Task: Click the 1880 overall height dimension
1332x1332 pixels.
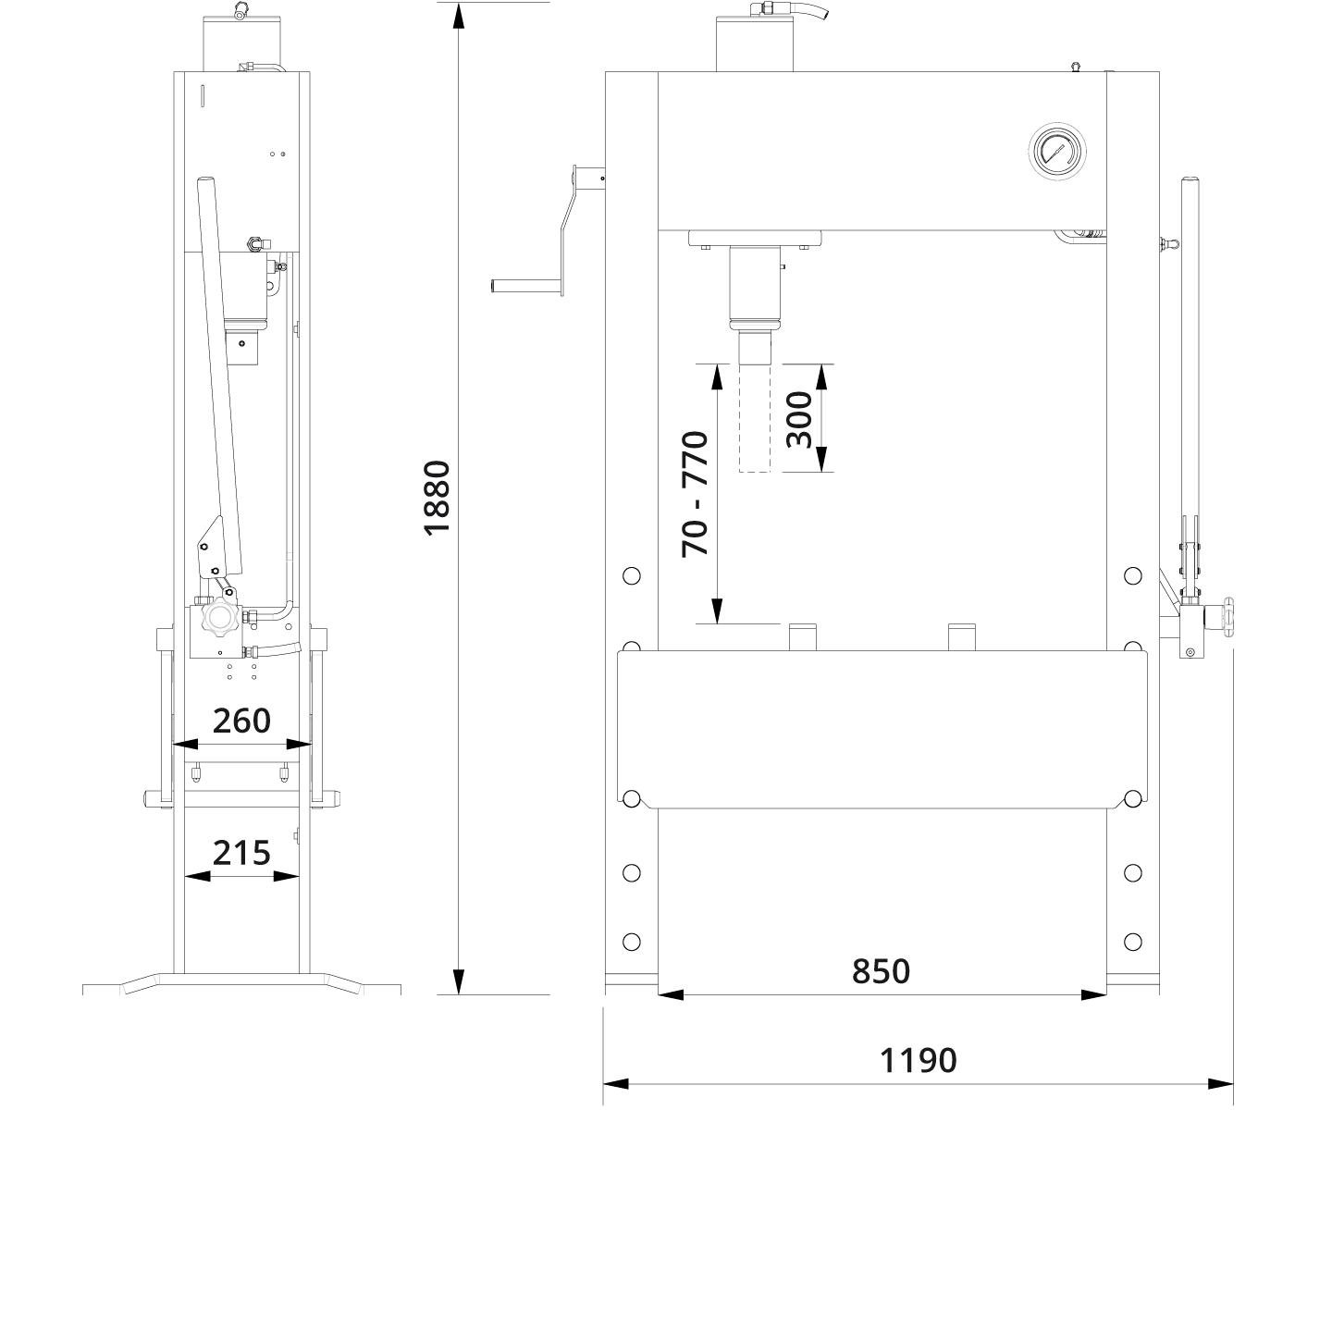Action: click(x=437, y=496)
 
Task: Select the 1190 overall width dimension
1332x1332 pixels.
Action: click(x=918, y=1060)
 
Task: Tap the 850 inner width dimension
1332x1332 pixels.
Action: click(x=881, y=971)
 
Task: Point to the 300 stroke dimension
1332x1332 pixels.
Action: click(x=798, y=419)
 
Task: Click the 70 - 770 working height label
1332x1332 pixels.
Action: click(x=695, y=493)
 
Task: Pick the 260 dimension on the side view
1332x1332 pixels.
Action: click(x=241, y=721)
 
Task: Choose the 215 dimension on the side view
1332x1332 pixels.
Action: click(x=241, y=852)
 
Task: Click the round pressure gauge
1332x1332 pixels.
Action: click(x=1055, y=150)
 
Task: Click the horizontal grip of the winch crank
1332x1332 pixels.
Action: click(x=525, y=286)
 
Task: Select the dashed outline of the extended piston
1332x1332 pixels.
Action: click(x=755, y=419)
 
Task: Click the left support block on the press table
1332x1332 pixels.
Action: click(x=803, y=636)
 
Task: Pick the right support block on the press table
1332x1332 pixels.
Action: click(x=962, y=636)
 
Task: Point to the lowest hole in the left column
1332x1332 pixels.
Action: click(x=632, y=942)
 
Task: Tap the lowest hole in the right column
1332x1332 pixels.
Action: click(x=1133, y=942)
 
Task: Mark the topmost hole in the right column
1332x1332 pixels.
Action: click(x=1133, y=576)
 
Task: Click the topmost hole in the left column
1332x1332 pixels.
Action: click(x=632, y=576)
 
